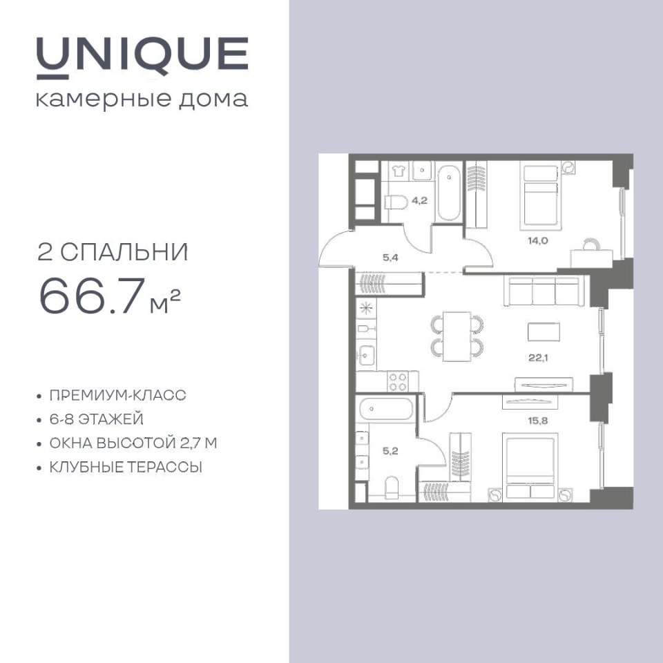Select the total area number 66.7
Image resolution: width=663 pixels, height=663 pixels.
pos(90,296)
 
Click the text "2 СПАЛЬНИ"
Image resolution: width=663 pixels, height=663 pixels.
pos(113,253)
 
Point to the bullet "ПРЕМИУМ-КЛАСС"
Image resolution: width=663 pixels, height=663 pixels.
pos(118,395)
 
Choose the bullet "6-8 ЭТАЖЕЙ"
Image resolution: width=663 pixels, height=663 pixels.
pos(97,419)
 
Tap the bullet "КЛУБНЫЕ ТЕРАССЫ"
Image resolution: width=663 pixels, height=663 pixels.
pos(126,468)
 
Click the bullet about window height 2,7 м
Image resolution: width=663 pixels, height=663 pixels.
pos(133,443)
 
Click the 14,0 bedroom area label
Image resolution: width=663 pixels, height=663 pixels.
pos(538,241)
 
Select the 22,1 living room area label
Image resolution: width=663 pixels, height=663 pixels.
pos(538,358)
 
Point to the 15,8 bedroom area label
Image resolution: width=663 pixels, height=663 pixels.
pos(538,421)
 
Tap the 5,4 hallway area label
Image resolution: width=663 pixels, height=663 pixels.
pos(390,257)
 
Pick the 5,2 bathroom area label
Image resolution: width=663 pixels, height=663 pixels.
pos(390,451)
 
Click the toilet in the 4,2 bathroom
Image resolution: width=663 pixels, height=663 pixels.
pos(396,202)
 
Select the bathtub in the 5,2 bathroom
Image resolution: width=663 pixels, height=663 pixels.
pos(386,409)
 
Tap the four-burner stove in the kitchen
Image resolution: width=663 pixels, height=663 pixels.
pos(398,381)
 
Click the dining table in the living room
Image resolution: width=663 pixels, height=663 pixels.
pos(457,336)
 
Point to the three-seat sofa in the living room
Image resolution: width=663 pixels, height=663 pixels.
pos(544,290)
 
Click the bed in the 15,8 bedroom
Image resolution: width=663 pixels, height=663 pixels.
pos(530,465)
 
